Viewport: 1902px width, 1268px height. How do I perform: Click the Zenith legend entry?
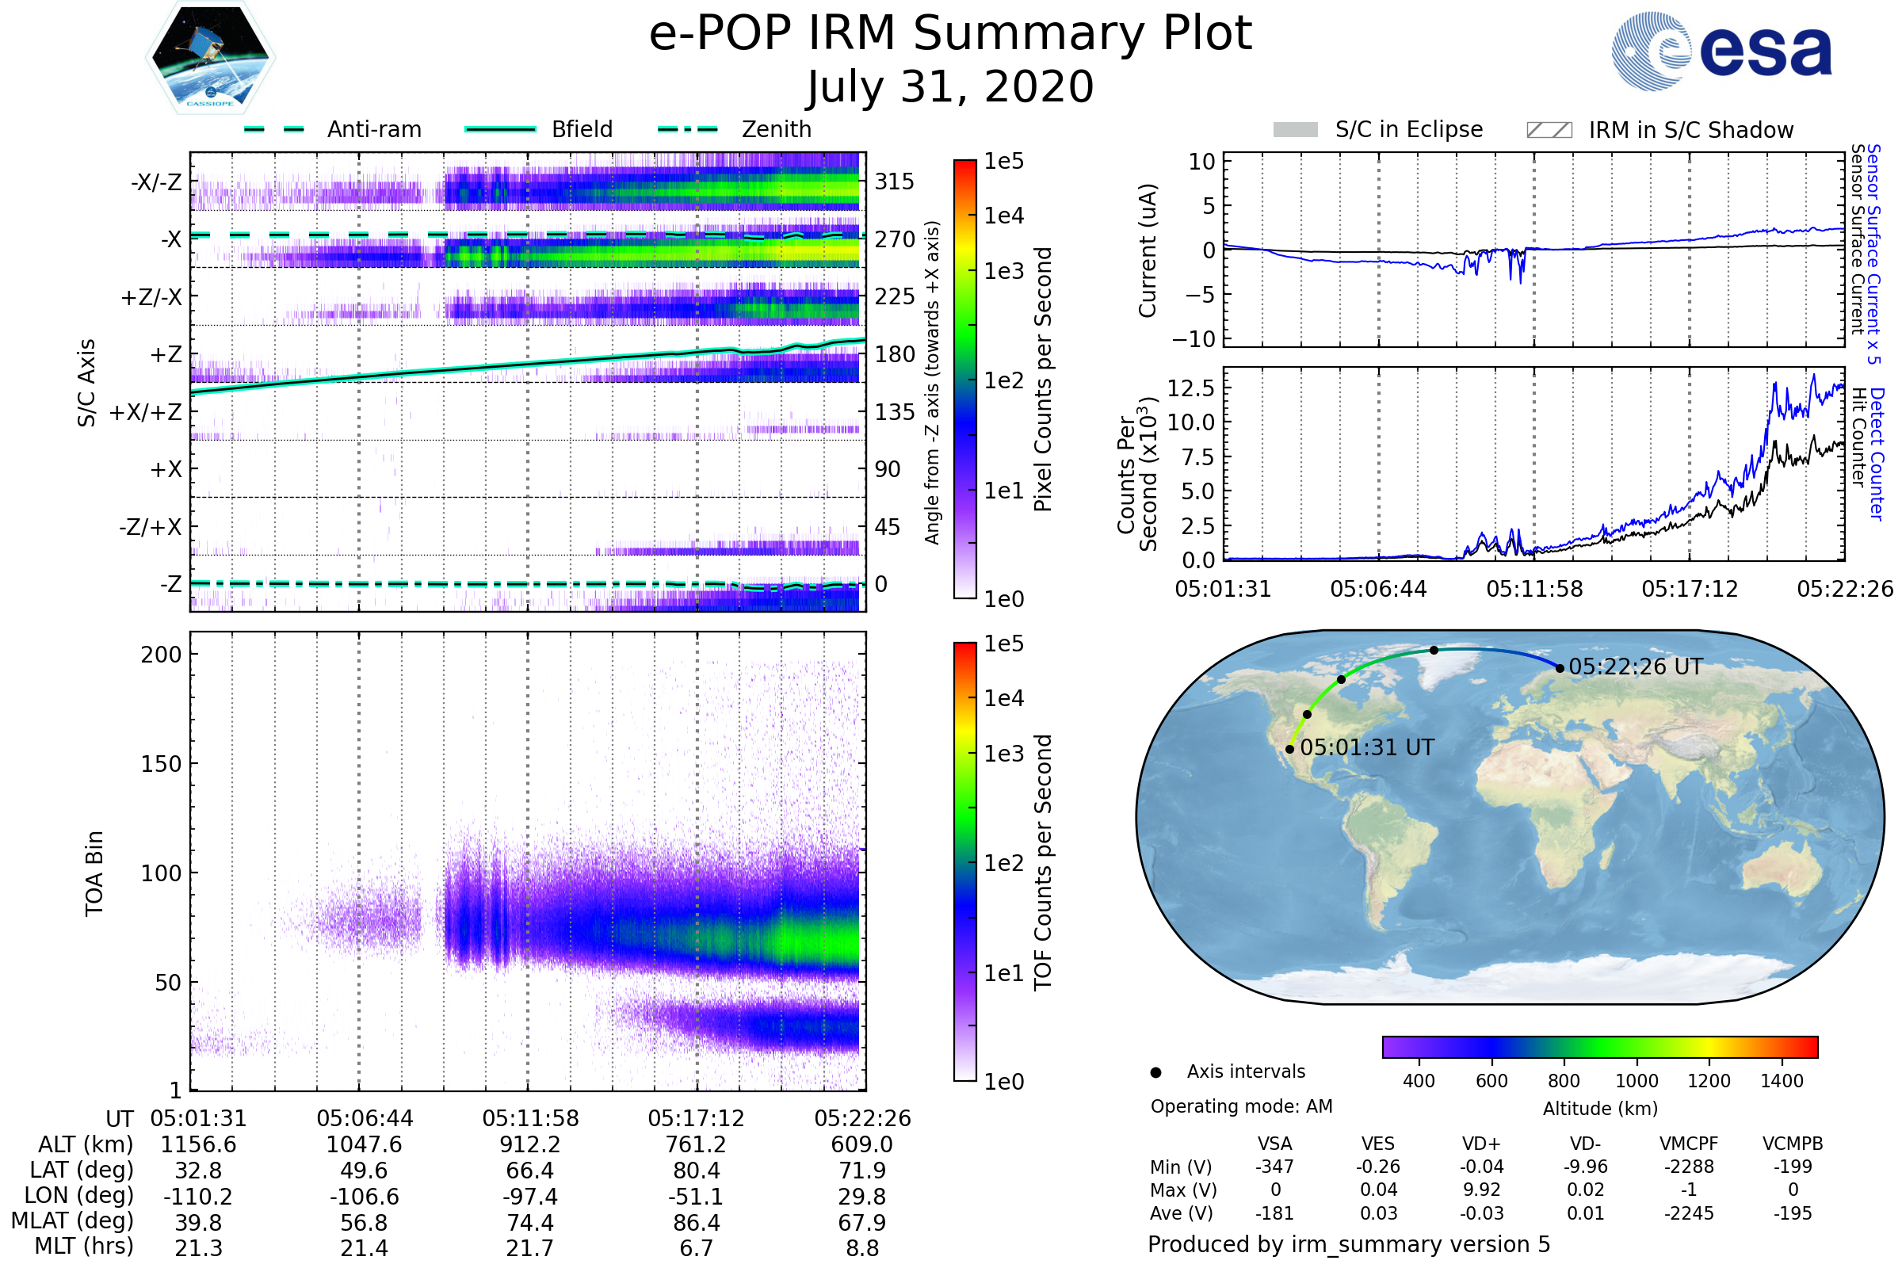coord(735,129)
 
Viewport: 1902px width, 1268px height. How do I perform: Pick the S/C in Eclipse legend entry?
coord(1378,129)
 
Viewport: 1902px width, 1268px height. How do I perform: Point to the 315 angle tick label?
coord(895,181)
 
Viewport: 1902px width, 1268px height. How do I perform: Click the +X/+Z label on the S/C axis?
coord(146,412)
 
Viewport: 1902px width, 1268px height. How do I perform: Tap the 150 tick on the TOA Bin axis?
coord(161,764)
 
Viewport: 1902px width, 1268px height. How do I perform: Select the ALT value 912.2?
coord(529,1145)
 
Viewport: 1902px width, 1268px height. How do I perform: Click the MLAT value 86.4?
coord(697,1223)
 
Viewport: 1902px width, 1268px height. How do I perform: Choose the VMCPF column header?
coord(1689,1144)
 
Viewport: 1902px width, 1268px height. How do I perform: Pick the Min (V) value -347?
coord(1274,1167)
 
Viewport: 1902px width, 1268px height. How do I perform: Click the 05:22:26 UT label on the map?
coord(1635,667)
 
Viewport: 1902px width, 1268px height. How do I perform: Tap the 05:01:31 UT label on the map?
coord(1366,748)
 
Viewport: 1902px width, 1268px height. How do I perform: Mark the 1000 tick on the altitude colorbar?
coord(1637,1081)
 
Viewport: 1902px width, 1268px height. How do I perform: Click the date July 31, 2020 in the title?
coord(950,87)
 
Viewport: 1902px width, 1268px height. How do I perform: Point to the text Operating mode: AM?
coord(1241,1106)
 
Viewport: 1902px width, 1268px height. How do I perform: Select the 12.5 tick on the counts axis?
coord(1191,388)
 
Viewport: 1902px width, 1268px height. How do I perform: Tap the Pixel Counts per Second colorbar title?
coord(1043,379)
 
